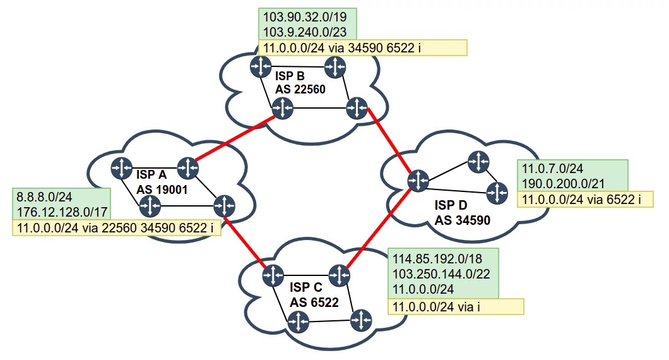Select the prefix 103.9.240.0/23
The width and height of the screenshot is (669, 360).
point(300,32)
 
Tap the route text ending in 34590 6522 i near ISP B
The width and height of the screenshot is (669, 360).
point(362,48)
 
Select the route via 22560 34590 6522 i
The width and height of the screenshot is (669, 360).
point(117,228)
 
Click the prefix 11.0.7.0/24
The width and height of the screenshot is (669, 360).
point(553,169)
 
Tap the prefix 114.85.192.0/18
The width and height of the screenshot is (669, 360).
point(435,258)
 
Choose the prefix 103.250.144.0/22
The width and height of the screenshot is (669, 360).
point(442,273)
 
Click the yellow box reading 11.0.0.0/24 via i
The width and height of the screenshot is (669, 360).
point(456,307)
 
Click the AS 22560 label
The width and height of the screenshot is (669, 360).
point(300,89)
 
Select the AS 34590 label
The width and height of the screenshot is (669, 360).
point(463,220)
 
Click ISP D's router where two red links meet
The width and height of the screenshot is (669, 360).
point(417,181)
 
